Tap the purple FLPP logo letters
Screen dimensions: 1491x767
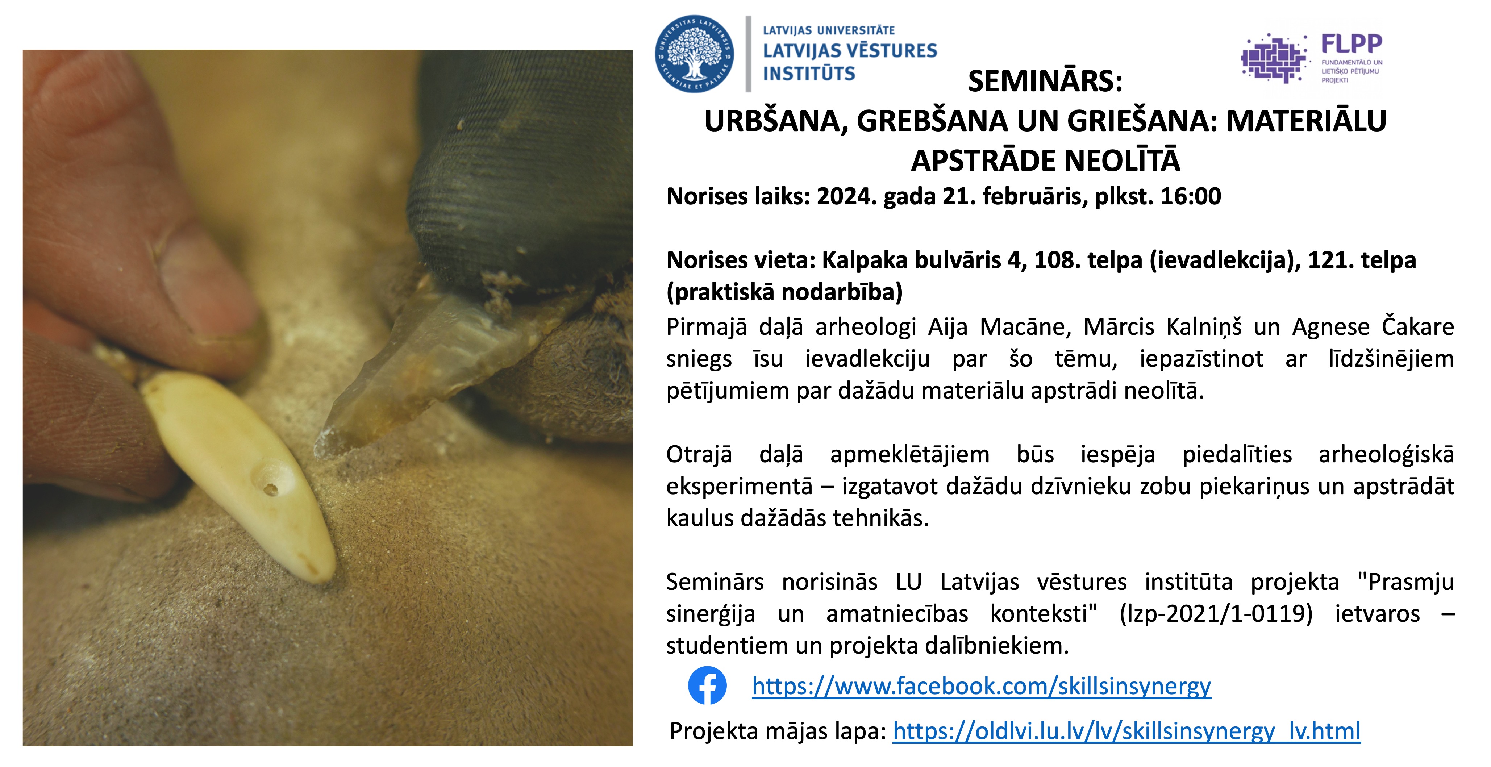coord(1352,43)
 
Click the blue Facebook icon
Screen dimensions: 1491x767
coord(707,686)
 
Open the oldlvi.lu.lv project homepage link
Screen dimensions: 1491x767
coord(1127,731)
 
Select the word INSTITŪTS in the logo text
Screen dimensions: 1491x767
coord(809,74)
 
